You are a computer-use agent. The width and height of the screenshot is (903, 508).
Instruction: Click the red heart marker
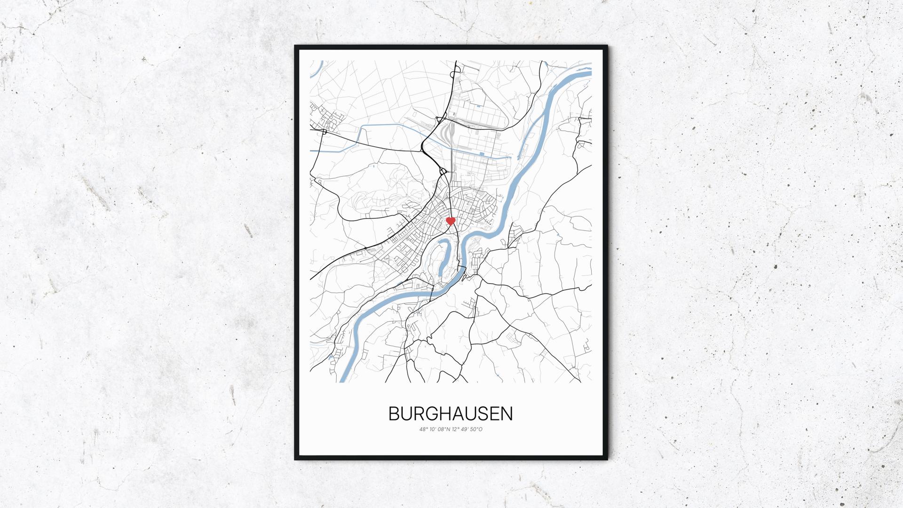click(x=450, y=221)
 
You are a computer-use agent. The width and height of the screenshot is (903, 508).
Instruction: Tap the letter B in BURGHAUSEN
click(x=394, y=414)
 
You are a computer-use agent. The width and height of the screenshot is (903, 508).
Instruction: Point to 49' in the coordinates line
click(x=466, y=429)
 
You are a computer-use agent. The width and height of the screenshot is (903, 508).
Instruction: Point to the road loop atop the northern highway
click(x=455, y=71)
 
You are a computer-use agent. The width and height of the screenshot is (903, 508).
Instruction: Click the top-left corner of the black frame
click(x=296, y=47)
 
